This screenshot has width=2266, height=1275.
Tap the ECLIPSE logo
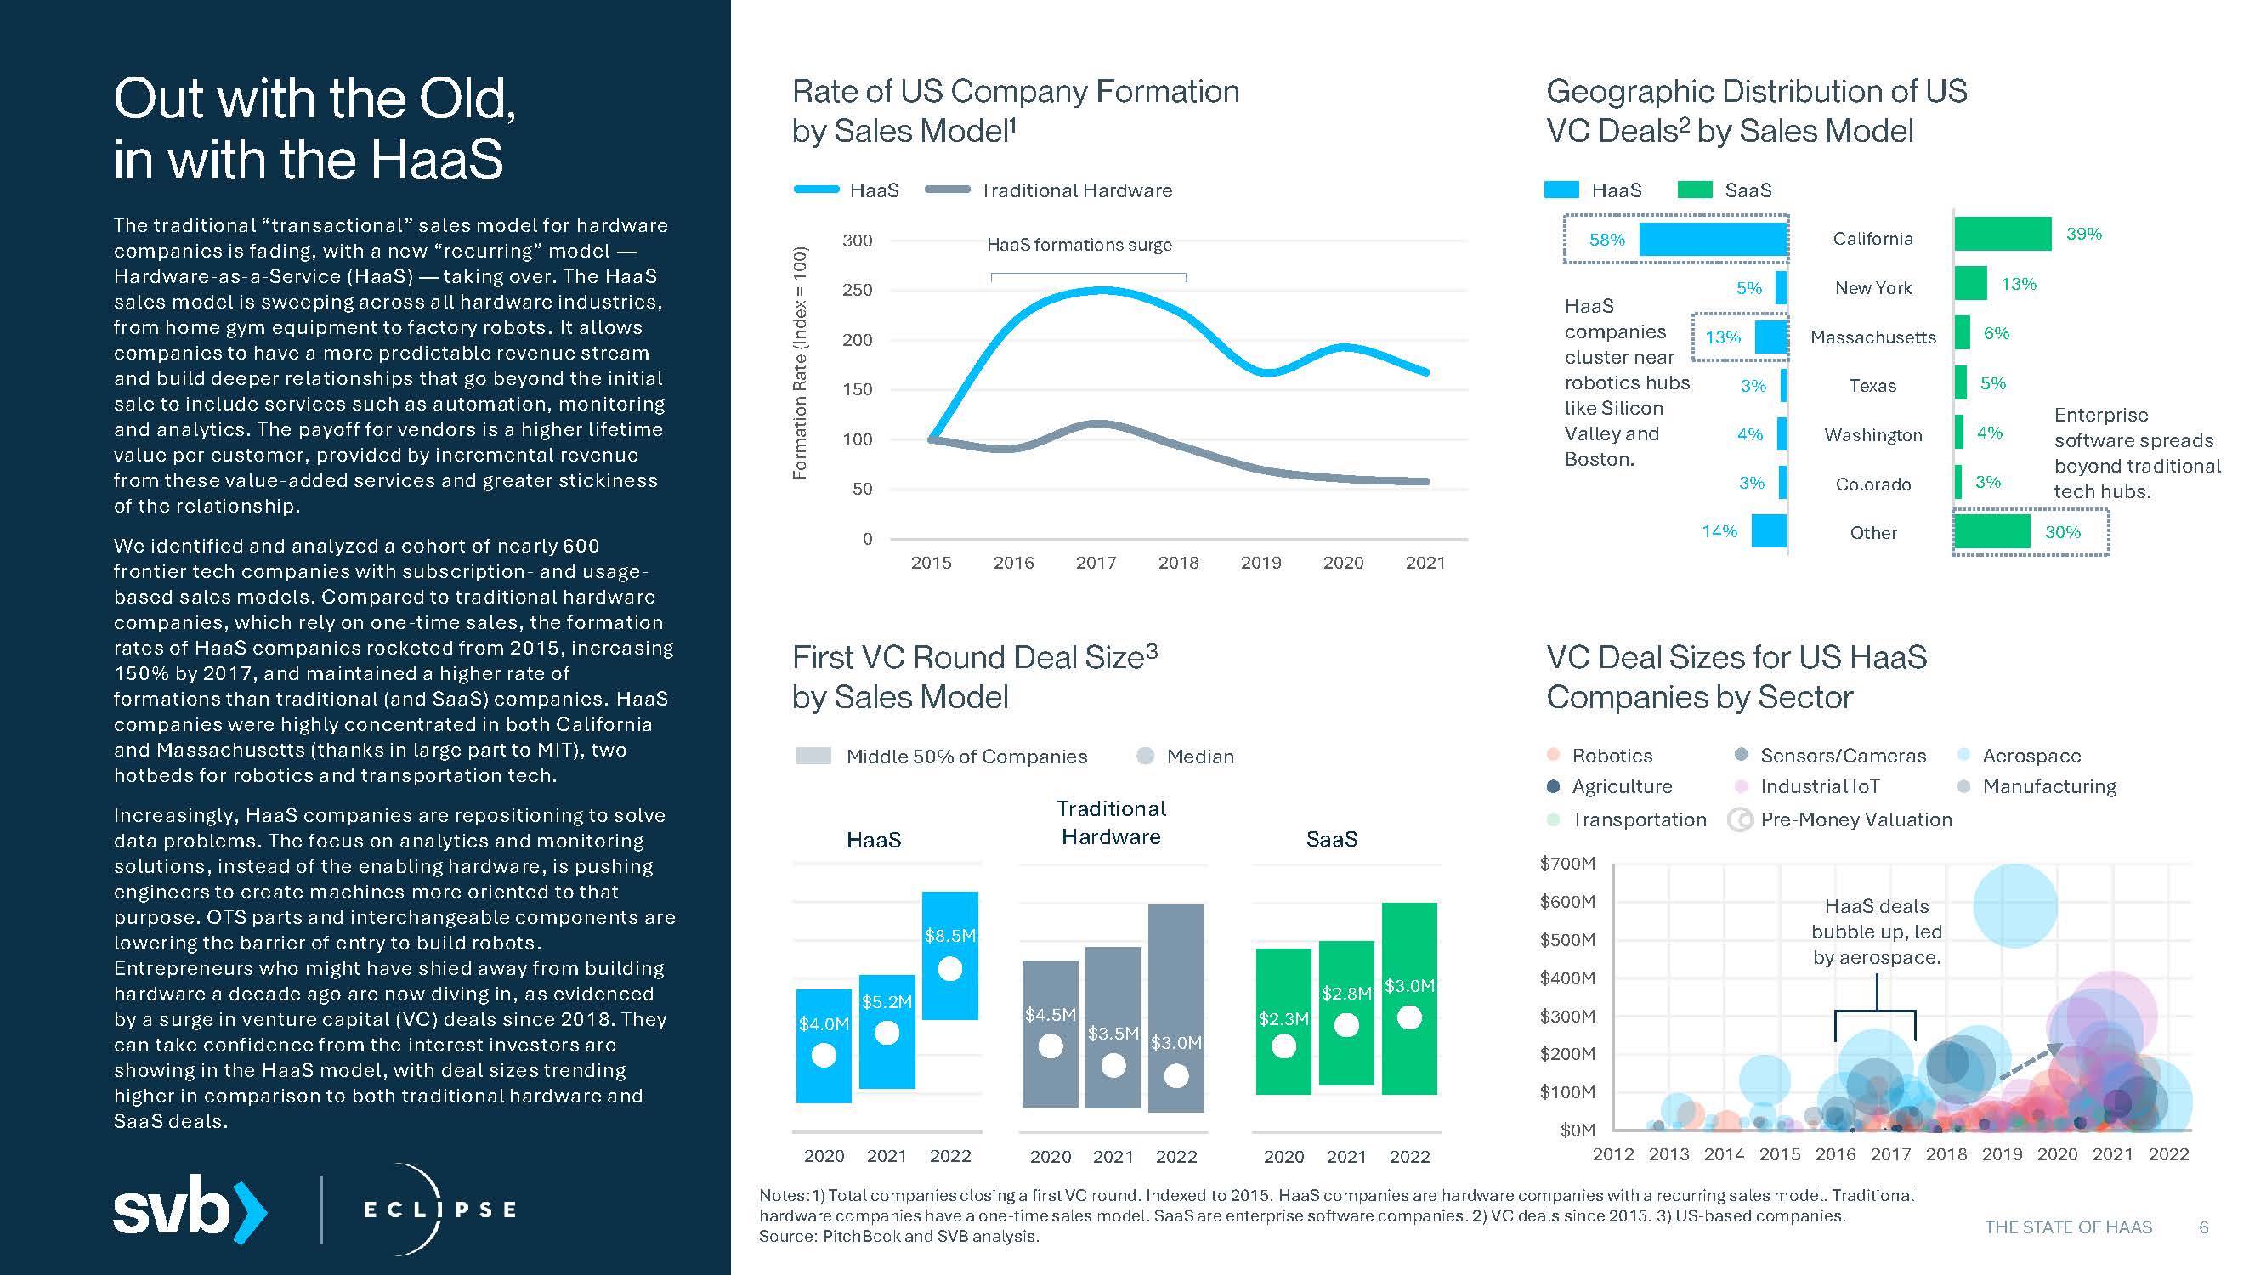coord(439,1209)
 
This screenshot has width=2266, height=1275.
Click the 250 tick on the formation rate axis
coord(857,291)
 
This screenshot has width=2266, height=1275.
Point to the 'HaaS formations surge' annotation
coord(1079,246)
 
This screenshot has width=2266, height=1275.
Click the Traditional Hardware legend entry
coord(1075,191)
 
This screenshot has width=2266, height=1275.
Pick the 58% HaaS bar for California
coord(1712,240)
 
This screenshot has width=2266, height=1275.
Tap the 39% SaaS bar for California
coord(2003,235)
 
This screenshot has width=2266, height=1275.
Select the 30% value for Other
coord(2062,532)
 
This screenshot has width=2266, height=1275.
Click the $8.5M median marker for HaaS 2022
coord(950,969)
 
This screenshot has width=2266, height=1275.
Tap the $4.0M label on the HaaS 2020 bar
coord(824,1024)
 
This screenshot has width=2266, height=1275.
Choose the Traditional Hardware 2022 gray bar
coord(1176,1007)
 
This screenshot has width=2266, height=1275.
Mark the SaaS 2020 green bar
coord(1283,1021)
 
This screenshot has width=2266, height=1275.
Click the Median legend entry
coord(1199,756)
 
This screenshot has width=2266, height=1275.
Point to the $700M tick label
coord(1566,864)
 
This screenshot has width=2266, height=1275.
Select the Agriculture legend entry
coord(1621,786)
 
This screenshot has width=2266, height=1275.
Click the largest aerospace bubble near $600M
coord(2014,905)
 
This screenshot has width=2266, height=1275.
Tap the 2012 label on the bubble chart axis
coord(1612,1154)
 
